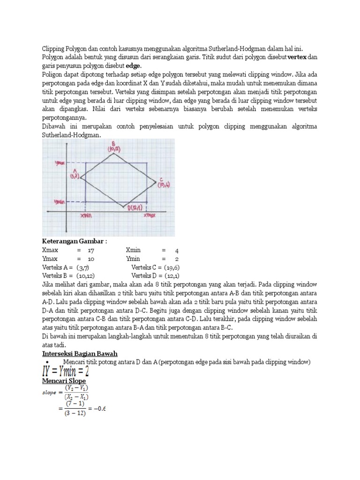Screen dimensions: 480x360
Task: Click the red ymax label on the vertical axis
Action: (x=60, y=163)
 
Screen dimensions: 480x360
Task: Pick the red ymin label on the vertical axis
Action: (x=60, y=202)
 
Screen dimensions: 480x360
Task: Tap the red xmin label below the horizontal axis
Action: (x=87, y=216)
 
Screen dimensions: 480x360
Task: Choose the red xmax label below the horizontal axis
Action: (x=149, y=216)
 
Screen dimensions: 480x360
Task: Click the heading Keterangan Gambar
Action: (x=75, y=241)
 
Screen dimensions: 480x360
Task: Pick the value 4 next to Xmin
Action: (x=177, y=250)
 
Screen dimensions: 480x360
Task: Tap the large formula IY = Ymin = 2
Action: (x=66, y=372)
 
